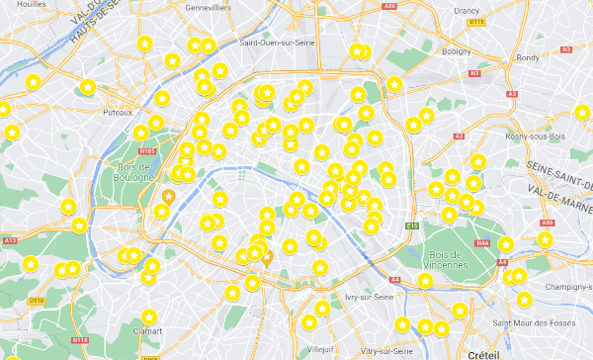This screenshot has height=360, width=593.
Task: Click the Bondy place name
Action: point(528,56)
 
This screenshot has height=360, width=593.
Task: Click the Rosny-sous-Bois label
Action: point(536,136)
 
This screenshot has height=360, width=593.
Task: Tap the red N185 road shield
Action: point(148,151)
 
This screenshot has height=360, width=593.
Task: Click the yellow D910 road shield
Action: point(37,301)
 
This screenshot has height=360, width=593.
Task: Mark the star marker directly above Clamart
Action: point(149,317)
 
